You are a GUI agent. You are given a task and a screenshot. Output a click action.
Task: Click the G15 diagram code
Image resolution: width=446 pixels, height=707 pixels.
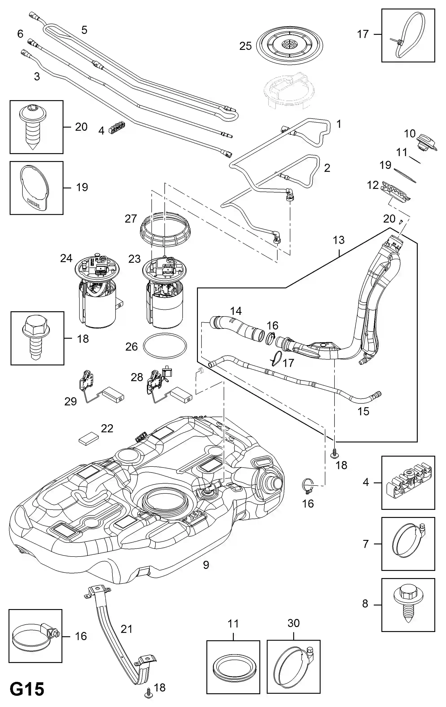click(x=27, y=689)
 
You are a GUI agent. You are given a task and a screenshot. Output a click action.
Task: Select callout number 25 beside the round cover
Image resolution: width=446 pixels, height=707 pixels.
click(x=245, y=46)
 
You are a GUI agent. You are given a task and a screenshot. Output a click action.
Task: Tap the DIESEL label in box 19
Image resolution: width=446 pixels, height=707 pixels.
click(x=34, y=203)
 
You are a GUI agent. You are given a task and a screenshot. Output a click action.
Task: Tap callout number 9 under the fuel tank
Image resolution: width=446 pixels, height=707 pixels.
click(x=206, y=565)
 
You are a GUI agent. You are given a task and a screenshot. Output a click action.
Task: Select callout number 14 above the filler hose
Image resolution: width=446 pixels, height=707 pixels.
click(x=236, y=310)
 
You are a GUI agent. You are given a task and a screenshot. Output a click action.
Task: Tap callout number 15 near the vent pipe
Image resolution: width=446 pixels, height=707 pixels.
click(x=363, y=411)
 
